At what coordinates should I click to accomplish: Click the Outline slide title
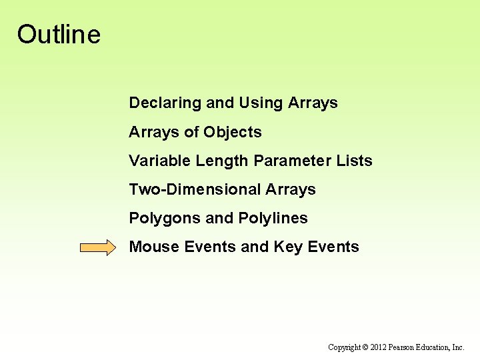59,34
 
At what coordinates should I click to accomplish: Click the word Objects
233,133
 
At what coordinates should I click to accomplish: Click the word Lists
355,161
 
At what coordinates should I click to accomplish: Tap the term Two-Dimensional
195,190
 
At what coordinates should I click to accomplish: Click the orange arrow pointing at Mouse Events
97,248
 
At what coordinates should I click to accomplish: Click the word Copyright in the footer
344,347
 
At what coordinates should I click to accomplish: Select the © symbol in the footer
365,347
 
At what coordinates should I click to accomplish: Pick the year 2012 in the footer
379,347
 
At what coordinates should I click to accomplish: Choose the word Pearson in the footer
403,347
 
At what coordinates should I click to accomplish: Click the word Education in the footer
435,347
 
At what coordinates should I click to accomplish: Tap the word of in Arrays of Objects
191,133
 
